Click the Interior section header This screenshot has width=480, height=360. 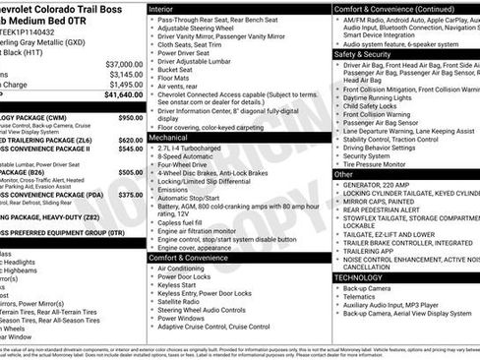pyautogui.click(x=168, y=8)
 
